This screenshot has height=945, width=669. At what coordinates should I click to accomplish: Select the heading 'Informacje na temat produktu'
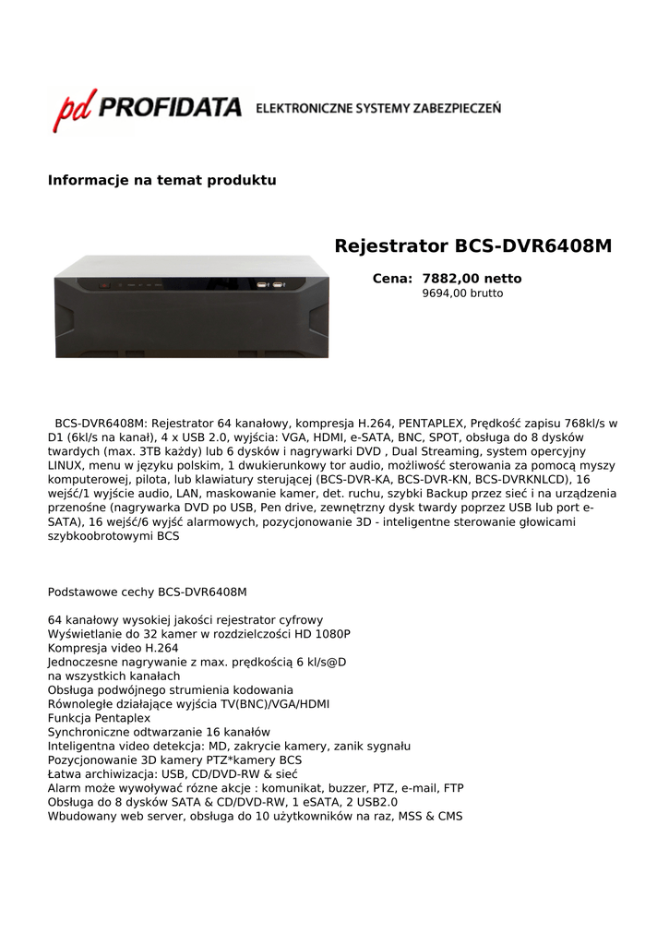(161, 180)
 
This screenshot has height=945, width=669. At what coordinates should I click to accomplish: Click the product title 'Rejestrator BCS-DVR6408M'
(472, 246)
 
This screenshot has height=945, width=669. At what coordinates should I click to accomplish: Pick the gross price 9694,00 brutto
(462, 293)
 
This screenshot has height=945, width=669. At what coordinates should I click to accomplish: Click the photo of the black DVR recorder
(191, 306)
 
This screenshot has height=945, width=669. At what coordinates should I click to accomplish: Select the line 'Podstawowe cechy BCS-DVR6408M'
(147, 592)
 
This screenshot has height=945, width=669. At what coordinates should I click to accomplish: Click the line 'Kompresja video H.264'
(113, 648)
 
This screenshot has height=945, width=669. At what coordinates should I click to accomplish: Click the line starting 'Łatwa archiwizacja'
(173, 774)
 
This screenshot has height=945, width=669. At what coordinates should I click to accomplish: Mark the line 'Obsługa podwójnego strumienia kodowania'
(170, 690)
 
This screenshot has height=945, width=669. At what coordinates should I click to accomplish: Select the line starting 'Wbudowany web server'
(255, 817)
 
